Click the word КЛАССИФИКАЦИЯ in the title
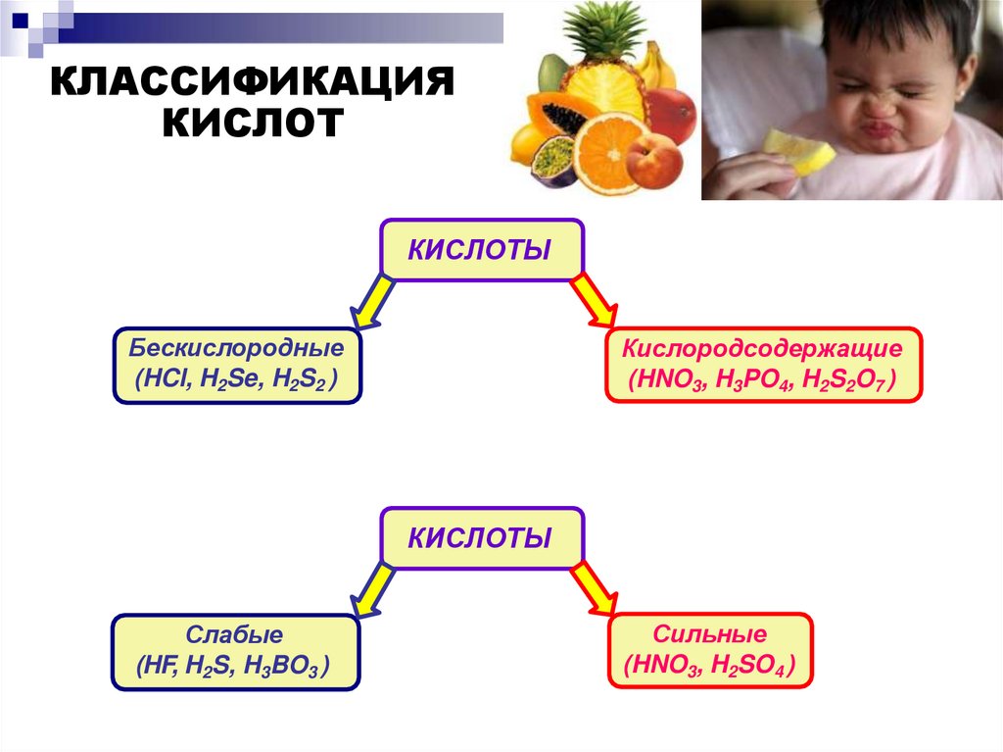pos(254,82)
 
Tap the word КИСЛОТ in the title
pos(254,124)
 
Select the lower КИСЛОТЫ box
pos(480,537)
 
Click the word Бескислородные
pos(236,348)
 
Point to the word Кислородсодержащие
pos(763,348)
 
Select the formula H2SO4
pos(743,667)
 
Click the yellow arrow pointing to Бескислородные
pos(372,300)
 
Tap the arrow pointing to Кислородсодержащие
pos(593,300)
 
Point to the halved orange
pos(606,152)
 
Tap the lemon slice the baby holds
pos(799,153)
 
